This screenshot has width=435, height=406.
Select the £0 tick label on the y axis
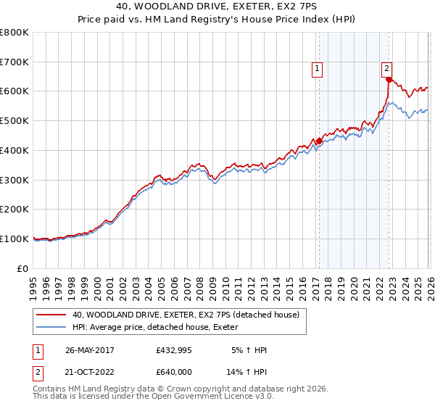(x=22, y=268)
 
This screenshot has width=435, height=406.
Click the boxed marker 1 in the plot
(x=318, y=69)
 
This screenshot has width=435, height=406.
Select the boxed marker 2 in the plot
(x=387, y=68)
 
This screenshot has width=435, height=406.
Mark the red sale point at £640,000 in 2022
(x=389, y=80)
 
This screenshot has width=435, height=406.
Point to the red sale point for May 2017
(x=319, y=141)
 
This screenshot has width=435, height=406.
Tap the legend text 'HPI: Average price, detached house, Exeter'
(x=160, y=328)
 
